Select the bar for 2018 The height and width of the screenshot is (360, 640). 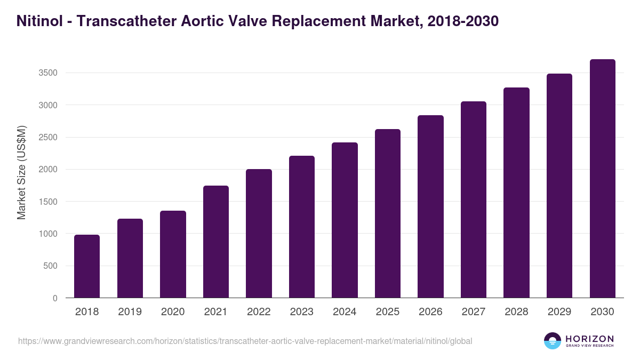click(87, 266)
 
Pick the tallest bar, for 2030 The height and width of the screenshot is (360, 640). click(602, 178)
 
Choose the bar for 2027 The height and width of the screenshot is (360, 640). click(474, 199)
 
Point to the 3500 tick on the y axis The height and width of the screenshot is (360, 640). click(47, 73)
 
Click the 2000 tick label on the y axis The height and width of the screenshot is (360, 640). click(47, 170)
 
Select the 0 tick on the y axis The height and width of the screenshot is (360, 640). click(55, 298)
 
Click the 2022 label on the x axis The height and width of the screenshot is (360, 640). click(259, 312)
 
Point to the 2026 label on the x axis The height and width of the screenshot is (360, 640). click(430, 312)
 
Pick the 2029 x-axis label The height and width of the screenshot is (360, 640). click(559, 312)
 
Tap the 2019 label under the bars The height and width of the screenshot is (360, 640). click(130, 312)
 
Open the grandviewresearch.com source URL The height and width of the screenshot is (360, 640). click(245, 341)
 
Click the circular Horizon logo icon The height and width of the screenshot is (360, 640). click(553, 341)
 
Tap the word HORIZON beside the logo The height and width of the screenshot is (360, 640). click(589, 338)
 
